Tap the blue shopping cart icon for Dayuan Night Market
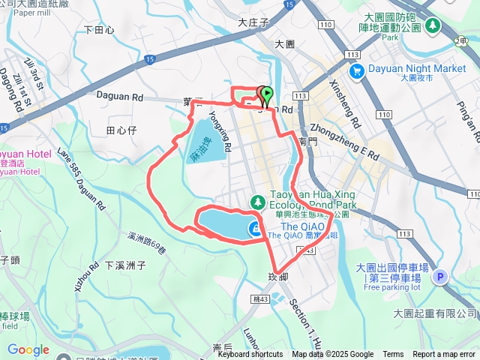pyautogui.click(x=356, y=70)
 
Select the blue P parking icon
pyautogui.click(x=441, y=276)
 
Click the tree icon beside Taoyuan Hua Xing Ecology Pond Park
pyautogui.click(x=257, y=202)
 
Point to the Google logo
pyautogui.click(x=28, y=349)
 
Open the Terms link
pyautogui.click(x=393, y=355)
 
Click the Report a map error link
pyautogui.click(x=444, y=355)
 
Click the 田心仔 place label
pyautogui.click(x=121, y=130)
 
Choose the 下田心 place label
pyautogui.click(x=99, y=30)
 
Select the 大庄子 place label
pyautogui.click(x=253, y=23)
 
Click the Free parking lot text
pyautogui.click(x=391, y=286)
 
